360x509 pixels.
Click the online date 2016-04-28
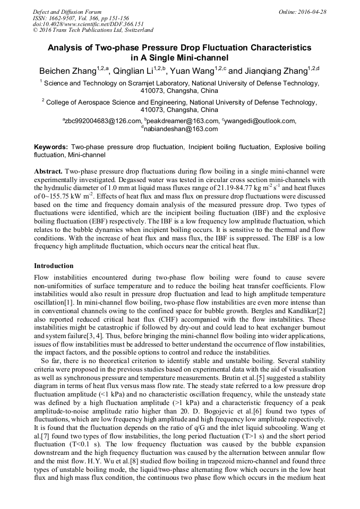tap(313, 11)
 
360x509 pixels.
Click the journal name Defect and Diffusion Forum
tap(67, 11)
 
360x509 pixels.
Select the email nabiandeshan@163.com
tap(181, 128)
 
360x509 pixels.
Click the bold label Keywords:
tap(51, 146)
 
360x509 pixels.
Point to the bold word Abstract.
tap(48, 172)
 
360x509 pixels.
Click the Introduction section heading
tap(54, 265)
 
